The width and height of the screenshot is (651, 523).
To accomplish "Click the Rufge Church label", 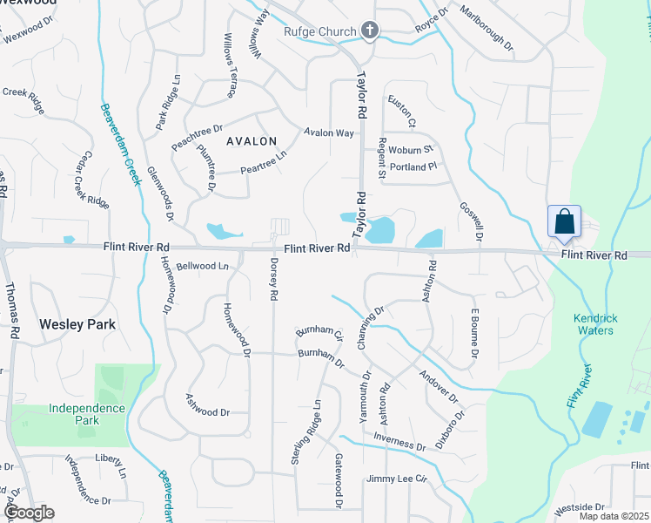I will coord(320,32).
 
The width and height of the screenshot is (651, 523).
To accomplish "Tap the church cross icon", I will coord(370,32).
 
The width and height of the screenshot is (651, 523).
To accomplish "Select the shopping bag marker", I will coord(564,221).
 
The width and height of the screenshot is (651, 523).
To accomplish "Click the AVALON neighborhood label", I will coord(252,141).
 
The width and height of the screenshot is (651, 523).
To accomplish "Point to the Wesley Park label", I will coord(77,324).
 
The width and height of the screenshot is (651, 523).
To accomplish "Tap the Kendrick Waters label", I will coord(606,324).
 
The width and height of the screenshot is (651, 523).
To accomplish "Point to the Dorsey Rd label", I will coord(273,280).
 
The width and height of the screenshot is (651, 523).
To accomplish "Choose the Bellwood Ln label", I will coord(201,266).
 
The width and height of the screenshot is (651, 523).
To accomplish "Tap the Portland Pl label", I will coord(413,166).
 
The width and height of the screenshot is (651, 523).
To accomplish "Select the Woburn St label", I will coord(411,149).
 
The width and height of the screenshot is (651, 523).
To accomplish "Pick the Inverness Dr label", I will coord(399,441).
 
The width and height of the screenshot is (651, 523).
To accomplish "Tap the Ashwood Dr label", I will coord(207,405).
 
